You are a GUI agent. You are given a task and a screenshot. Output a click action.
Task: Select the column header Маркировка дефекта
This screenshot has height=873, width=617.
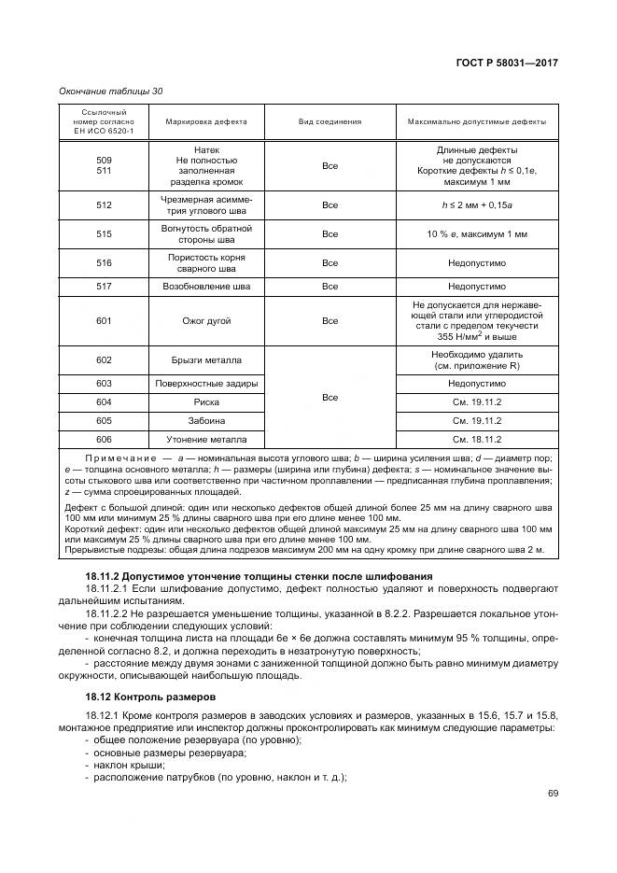click(x=206, y=121)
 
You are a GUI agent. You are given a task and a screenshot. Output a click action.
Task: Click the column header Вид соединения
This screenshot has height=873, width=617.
click(x=330, y=121)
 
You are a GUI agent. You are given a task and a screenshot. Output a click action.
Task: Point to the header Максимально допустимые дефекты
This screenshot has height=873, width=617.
click(x=477, y=121)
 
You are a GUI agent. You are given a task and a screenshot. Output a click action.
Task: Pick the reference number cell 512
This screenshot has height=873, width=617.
click(x=104, y=204)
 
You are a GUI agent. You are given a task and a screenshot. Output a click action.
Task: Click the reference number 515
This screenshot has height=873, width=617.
click(x=104, y=233)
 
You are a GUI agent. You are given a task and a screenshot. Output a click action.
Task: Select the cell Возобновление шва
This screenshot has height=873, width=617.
click(x=206, y=287)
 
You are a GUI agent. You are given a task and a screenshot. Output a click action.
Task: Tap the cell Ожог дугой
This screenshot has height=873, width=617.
click(x=206, y=320)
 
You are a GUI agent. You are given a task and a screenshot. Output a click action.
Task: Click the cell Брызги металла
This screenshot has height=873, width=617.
click(x=206, y=360)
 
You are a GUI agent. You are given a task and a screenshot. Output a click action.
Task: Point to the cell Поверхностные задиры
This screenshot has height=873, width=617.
click(x=206, y=383)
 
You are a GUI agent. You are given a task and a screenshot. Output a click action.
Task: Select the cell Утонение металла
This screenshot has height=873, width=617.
click(x=206, y=439)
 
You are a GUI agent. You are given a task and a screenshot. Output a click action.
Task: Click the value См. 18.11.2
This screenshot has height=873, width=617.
click(x=477, y=439)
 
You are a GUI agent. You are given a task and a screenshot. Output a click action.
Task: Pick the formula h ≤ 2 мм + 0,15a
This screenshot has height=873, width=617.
click(x=477, y=204)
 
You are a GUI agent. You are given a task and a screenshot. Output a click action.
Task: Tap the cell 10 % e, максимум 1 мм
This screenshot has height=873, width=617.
click(x=477, y=233)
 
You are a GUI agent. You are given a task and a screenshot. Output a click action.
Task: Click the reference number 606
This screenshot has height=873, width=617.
click(x=104, y=439)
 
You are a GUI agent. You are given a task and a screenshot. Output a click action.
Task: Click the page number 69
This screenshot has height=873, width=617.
click(x=553, y=794)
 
